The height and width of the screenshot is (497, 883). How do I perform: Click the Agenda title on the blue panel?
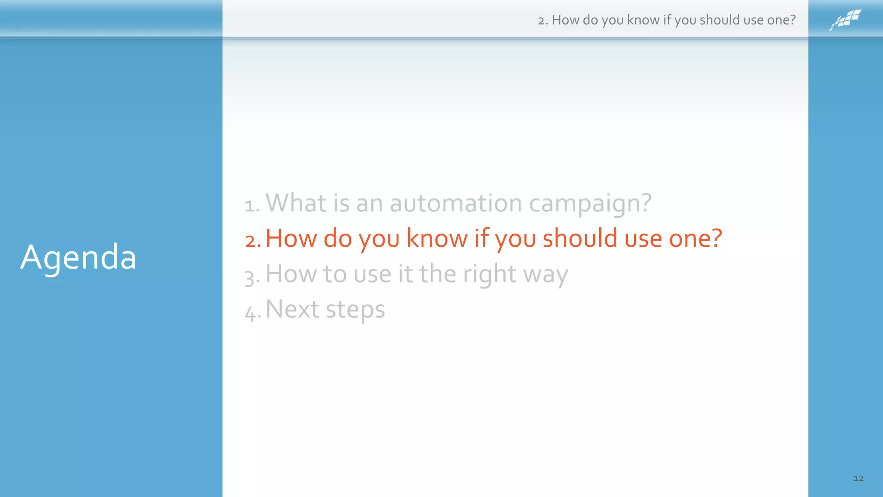pyautogui.click(x=78, y=258)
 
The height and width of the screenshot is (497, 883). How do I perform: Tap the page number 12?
pyautogui.click(x=858, y=478)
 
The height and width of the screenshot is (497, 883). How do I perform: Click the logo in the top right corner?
pyautogui.click(x=845, y=20)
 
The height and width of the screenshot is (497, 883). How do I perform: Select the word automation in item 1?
pyautogui.click(x=456, y=203)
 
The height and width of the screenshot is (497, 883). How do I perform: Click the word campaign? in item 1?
pyautogui.click(x=590, y=204)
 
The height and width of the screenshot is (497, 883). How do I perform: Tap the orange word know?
pyautogui.click(x=437, y=238)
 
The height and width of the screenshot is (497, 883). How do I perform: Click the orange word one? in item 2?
pyautogui.click(x=695, y=239)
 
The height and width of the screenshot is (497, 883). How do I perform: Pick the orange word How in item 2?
pyautogui.click(x=291, y=238)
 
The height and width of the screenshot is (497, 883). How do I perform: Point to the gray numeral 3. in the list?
pyautogui.click(x=252, y=276)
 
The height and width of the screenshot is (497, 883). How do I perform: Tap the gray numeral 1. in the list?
pyautogui.click(x=252, y=205)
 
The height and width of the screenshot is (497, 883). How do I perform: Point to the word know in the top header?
pyautogui.click(x=643, y=20)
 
